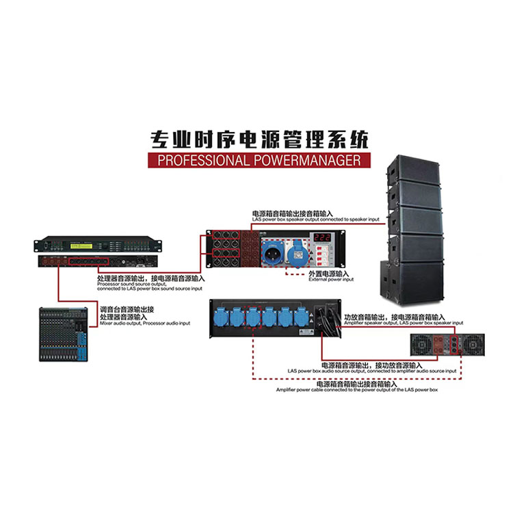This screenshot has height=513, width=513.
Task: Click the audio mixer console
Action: coord(62,333)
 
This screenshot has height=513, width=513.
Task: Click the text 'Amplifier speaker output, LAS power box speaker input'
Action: coord(404,323)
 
